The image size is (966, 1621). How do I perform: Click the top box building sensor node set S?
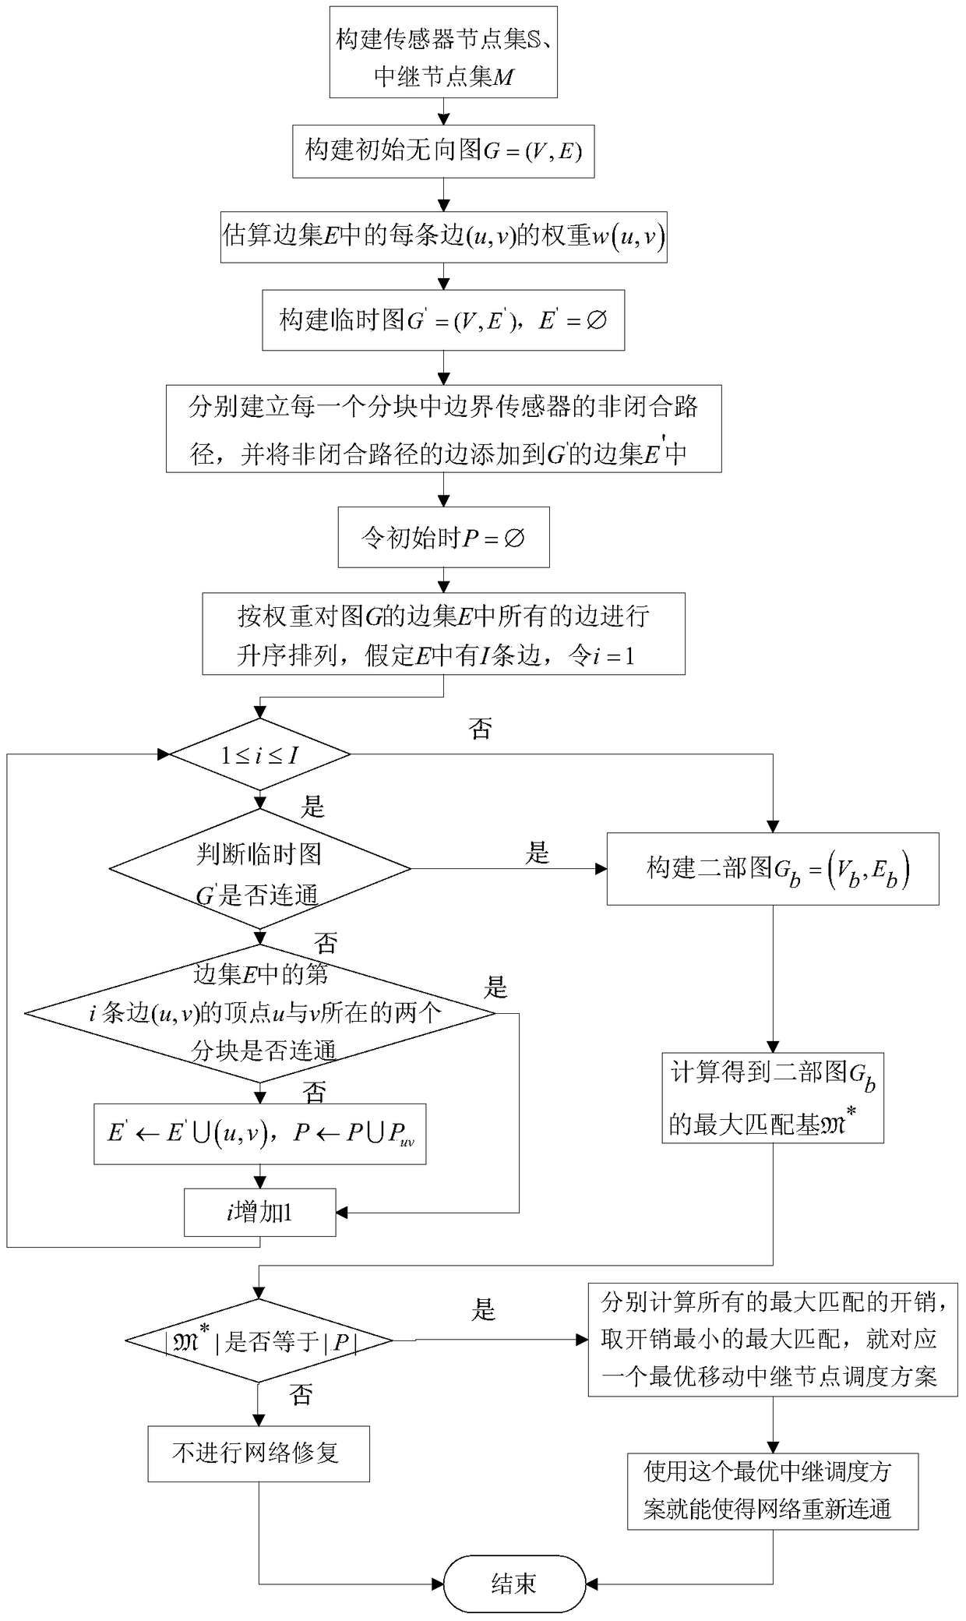[443, 52]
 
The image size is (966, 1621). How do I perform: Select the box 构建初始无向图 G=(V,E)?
[443, 151]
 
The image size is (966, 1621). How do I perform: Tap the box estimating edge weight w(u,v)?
[443, 237]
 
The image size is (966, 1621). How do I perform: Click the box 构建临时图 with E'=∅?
[443, 320]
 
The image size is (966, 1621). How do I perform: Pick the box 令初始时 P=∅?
[443, 538]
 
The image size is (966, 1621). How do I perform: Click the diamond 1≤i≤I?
[260, 754]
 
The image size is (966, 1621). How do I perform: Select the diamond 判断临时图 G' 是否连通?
[260, 868]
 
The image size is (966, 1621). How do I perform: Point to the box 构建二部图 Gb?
[773, 868]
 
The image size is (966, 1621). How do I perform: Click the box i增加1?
[260, 1212]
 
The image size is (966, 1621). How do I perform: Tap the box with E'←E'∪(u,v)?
[260, 1134]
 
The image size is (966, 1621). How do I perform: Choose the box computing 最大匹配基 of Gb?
[773, 1098]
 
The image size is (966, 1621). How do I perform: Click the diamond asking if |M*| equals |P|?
[260, 1341]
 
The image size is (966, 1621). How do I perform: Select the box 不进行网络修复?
[259, 1453]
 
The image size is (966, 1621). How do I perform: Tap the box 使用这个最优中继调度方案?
[773, 1491]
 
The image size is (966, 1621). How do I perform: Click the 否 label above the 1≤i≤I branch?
[480, 729]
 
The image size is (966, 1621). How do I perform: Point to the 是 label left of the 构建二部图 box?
[538, 853]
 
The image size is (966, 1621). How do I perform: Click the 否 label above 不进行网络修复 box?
[301, 1394]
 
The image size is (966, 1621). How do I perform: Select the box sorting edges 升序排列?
[443, 634]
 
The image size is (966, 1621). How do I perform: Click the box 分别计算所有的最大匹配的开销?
[773, 1340]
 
